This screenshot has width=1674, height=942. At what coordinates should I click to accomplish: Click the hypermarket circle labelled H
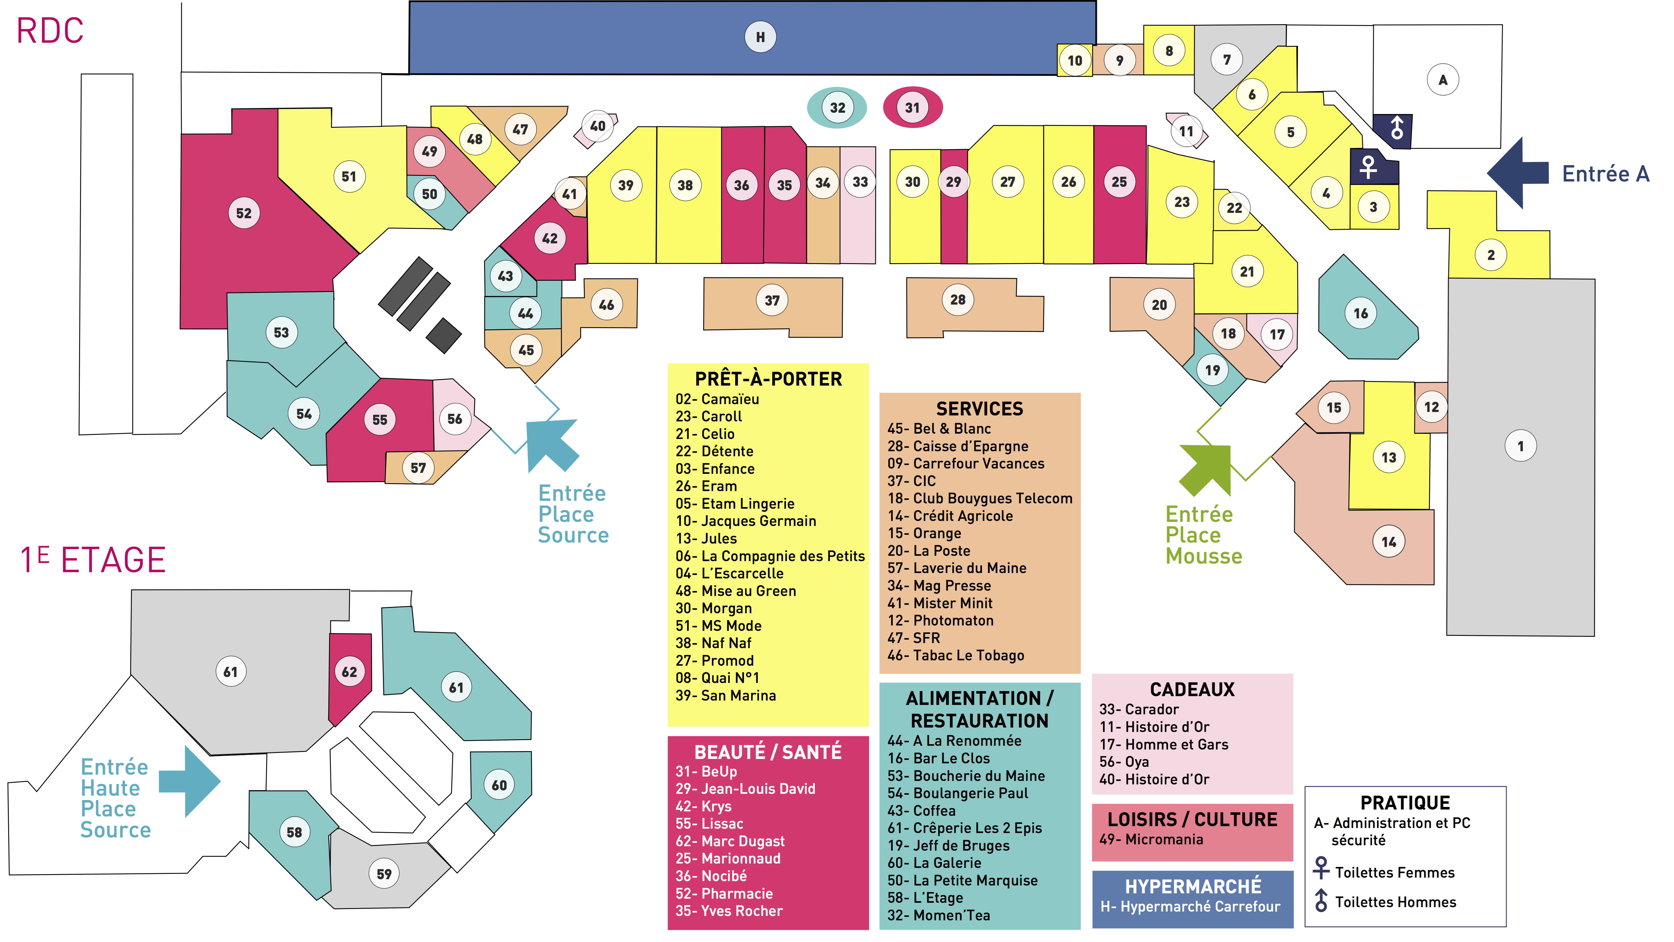tap(760, 37)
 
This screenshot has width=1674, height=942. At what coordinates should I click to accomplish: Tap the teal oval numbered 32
tap(837, 107)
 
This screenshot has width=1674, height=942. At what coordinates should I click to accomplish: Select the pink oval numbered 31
tap(912, 107)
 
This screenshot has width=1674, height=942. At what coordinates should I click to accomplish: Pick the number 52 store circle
tap(244, 213)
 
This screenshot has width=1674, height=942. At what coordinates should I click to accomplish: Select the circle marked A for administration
tap(1443, 80)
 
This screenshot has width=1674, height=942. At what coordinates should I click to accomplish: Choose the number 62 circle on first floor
tap(349, 672)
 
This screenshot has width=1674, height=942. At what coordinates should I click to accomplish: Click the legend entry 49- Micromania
tap(1151, 839)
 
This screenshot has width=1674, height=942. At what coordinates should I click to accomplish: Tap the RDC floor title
tap(50, 30)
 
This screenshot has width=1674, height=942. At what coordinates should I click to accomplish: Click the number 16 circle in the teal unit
tap(1361, 313)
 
